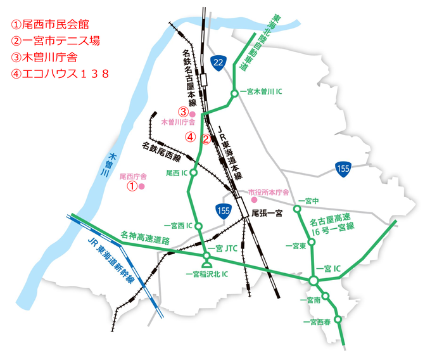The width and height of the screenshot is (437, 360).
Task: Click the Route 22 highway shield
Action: pyautogui.click(x=218, y=62)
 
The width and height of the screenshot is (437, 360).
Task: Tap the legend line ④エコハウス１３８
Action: pyautogui.click(x=61, y=74)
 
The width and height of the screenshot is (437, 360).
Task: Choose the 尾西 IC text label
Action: pyautogui.click(x=177, y=172)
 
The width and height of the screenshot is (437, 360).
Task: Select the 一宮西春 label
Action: pyautogui.click(x=317, y=323)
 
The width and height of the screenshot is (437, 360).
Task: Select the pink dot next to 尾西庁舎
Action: pyautogui.click(x=142, y=187)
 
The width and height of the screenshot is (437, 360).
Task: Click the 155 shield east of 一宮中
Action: pyautogui.click(x=343, y=169)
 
